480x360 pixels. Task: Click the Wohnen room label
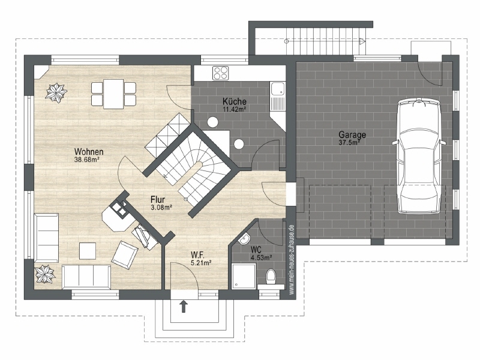click(x=89, y=152)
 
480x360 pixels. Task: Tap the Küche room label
click(x=234, y=101)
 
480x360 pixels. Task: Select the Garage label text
click(x=352, y=134)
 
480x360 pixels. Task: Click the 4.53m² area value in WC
click(x=261, y=258)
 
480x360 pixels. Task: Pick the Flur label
click(x=158, y=200)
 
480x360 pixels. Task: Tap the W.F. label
click(x=198, y=254)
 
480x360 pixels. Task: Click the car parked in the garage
click(x=418, y=156)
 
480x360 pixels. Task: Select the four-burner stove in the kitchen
click(x=221, y=73)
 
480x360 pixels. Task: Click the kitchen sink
click(x=277, y=96)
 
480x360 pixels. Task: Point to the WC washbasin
click(x=245, y=239)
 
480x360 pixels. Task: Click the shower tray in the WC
click(x=244, y=276)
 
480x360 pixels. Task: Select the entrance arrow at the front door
click(x=184, y=307)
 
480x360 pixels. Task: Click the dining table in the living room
click(x=113, y=94)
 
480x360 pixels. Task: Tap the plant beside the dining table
click(x=56, y=92)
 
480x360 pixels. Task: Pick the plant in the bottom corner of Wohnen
click(x=46, y=275)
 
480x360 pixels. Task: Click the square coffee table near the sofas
click(x=88, y=251)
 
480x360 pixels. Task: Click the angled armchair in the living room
click(x=125, y=254)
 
